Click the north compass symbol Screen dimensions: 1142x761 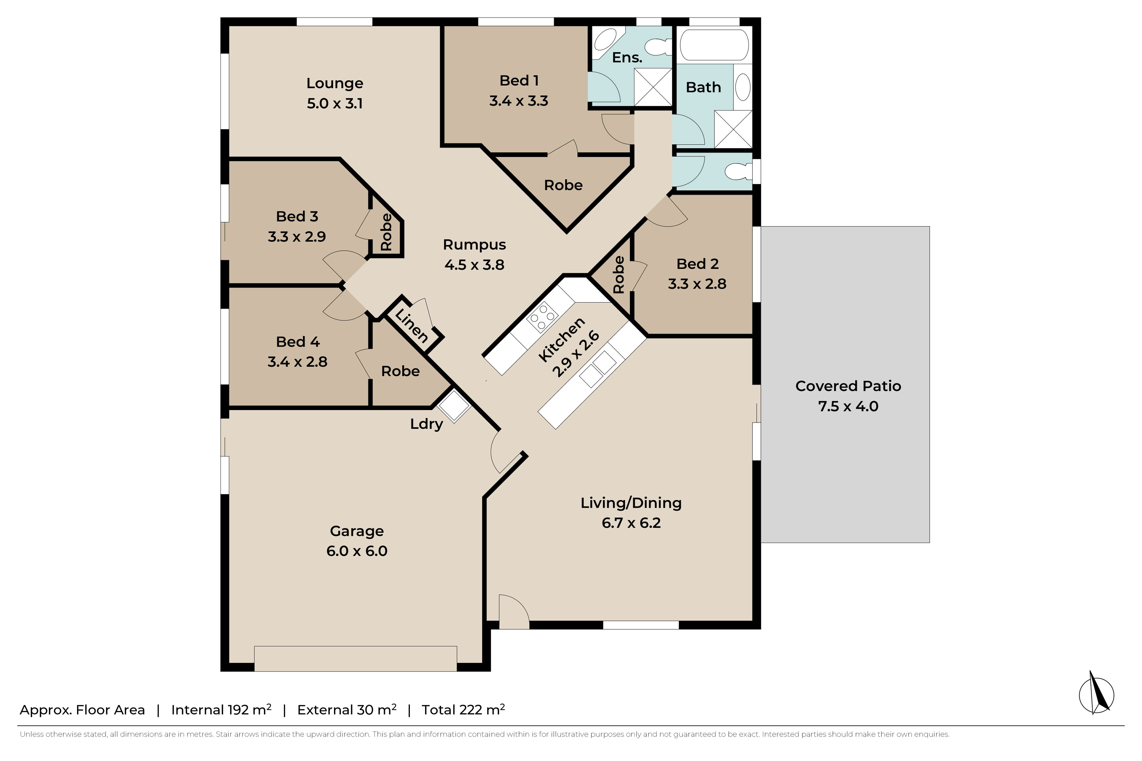pyautogui.click(x=1096, y=694)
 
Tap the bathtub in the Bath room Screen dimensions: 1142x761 pyautogui.click(x=714, y=45)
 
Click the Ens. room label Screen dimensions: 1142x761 pyautogui.click(x=627, y=57)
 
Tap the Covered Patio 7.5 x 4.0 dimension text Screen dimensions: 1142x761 pyautogui.click(x=848, y=406)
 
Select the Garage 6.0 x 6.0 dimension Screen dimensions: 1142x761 pyautogui.click(x=357, y=551)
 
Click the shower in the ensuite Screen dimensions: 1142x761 pyautogui.click(x=653, y=87)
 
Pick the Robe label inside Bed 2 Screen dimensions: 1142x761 pyautogui.click(x=618, y=275)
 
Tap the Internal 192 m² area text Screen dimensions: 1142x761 pyautogui.click(x=221, y=710)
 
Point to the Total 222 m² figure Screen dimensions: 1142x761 pyautogui.click(x=463, y=710)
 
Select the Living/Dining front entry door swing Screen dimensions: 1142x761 pyautogui.click(x=514, y=612)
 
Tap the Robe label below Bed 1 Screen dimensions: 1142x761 pyautogui.click(x=563, y=185)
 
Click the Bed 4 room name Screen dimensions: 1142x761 pyautogui.click(x=298, y=342)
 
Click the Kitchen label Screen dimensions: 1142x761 pyautogui.click(x=561, y=339)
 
